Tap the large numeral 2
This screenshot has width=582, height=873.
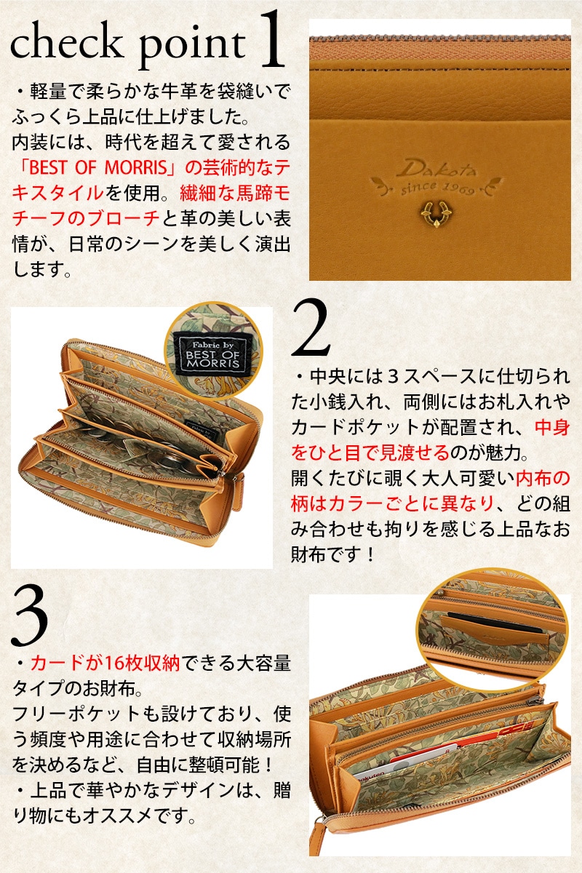(311, 327)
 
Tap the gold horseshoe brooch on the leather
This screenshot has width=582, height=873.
(436, 213)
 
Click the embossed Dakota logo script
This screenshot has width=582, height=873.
(436, 169)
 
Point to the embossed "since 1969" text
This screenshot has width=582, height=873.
(437, 188)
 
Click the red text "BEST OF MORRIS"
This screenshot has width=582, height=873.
(97, 167)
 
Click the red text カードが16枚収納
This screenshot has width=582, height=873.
(105, 663)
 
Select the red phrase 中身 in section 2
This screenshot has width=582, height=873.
(552, 428)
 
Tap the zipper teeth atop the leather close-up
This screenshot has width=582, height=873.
(439, 38)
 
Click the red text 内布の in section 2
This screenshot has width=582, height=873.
(543, 478)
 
